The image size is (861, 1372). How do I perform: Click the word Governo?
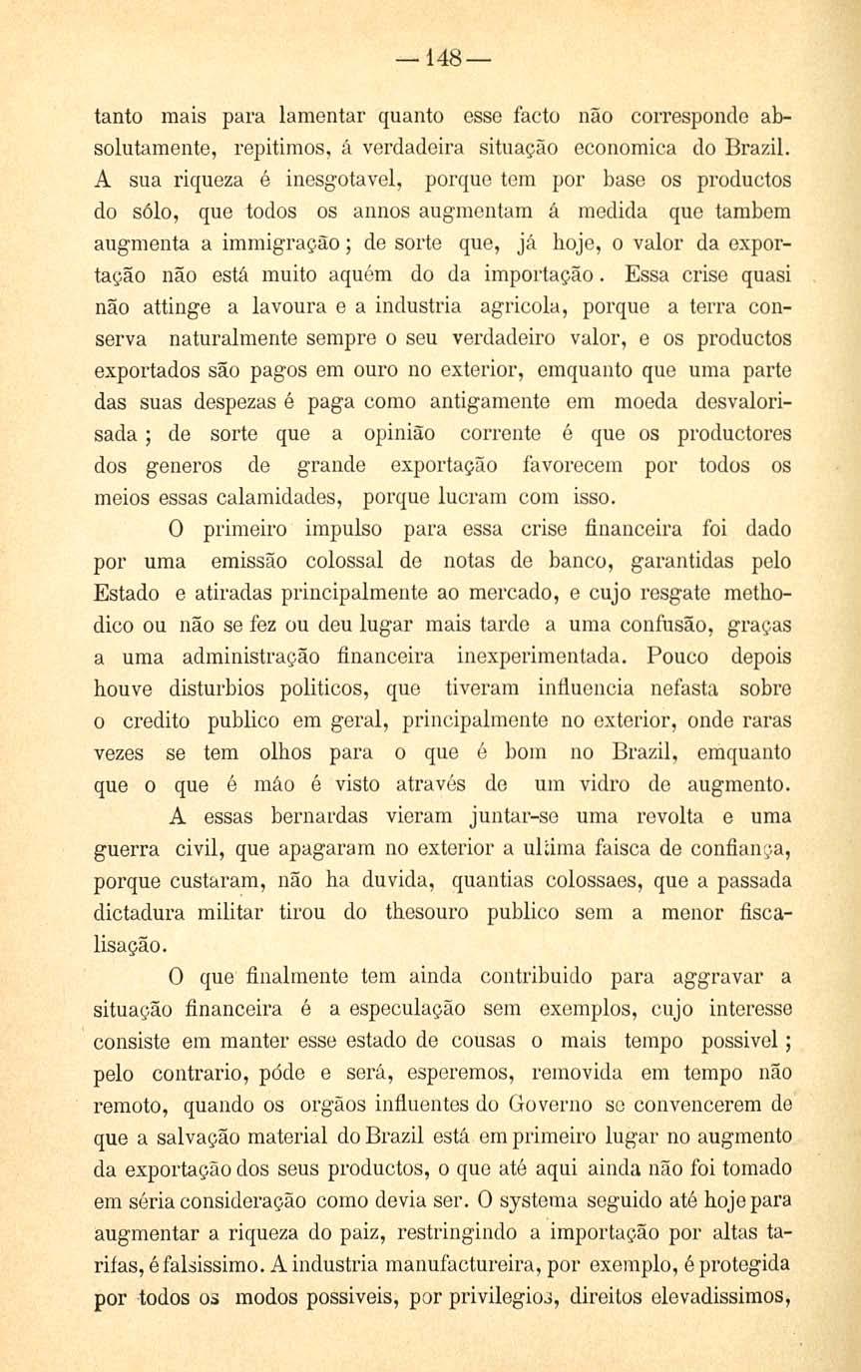click(x=558, y=1105)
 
